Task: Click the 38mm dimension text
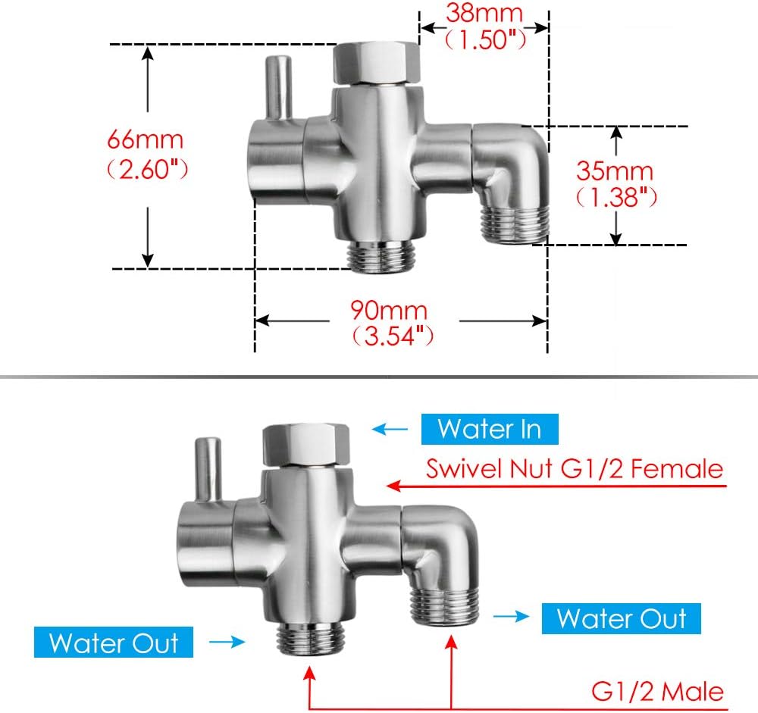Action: click(x=484, y=13)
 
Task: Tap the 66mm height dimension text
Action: click(x=145, y=140)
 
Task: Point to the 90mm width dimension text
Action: click(x=389, y=311)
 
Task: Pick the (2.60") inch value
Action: click(x=146, y=167)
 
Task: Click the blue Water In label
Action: click(x=490, y=429)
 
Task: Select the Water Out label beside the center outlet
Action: click(x=114, y=643)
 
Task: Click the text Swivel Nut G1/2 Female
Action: click(x=574, y=468)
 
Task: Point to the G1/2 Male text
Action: click(x=656, y=691)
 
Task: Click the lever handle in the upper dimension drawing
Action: click(x=278, y=87)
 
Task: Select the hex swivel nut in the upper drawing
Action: click(x=377, y=63)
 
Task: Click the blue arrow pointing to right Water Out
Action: click(x=512, y=618)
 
